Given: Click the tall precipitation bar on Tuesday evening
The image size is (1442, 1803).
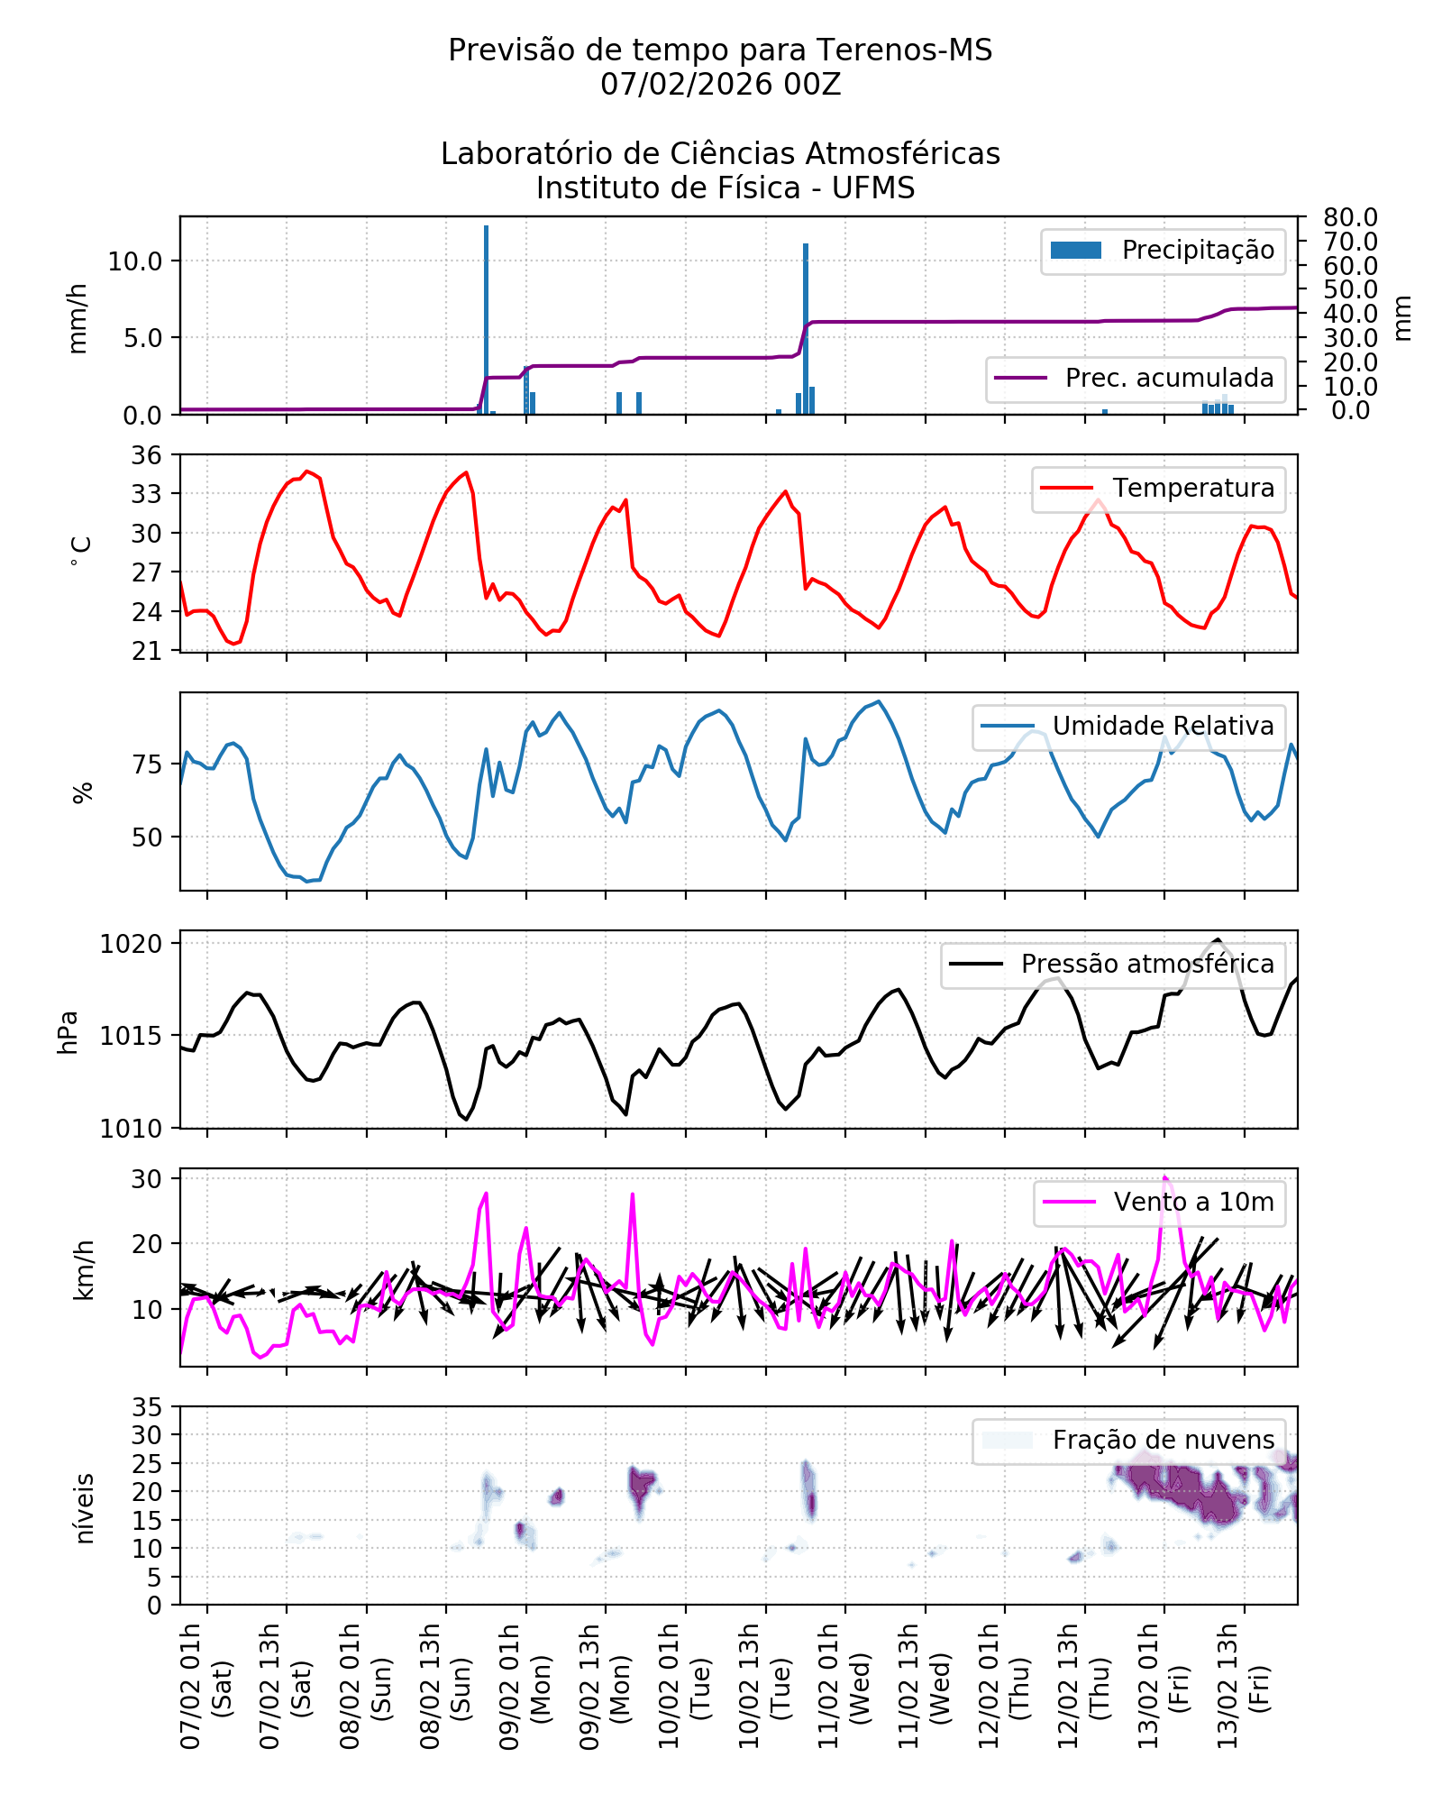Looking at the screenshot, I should pyautogui.click(x=806, y=329).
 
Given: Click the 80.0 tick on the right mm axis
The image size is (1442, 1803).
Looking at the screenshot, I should pyautogui.click(x=1350, y=217).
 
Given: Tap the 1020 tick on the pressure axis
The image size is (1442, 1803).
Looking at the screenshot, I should pyautogui.click(x=131, y=944).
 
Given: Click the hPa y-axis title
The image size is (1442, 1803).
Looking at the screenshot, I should pyautogui.click(x=68, y=1032).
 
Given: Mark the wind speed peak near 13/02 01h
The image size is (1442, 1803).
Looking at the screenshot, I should pyautogui.click(x=1164, y=1177).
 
